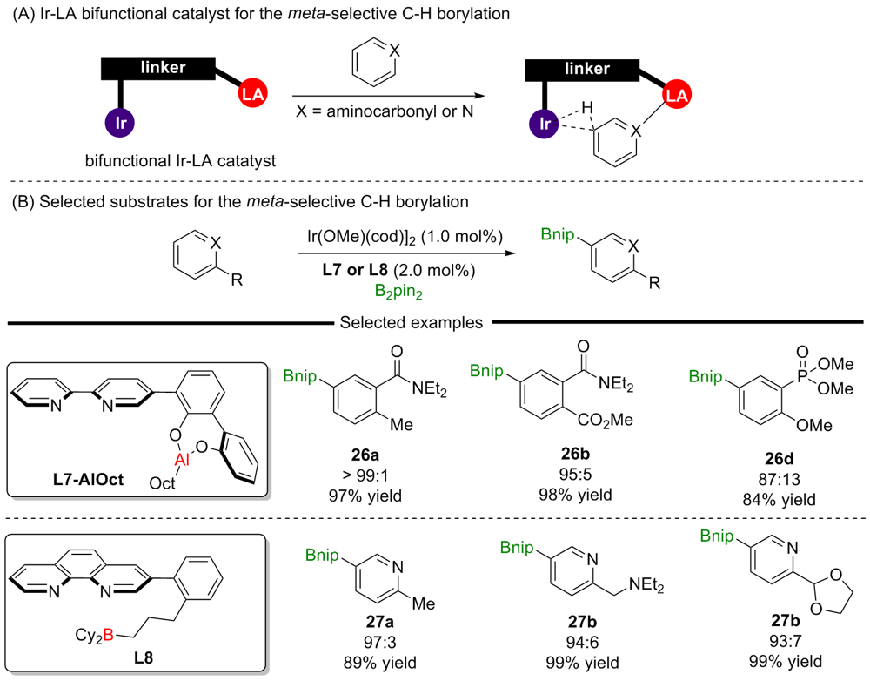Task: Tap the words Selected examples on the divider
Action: point(412,322)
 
